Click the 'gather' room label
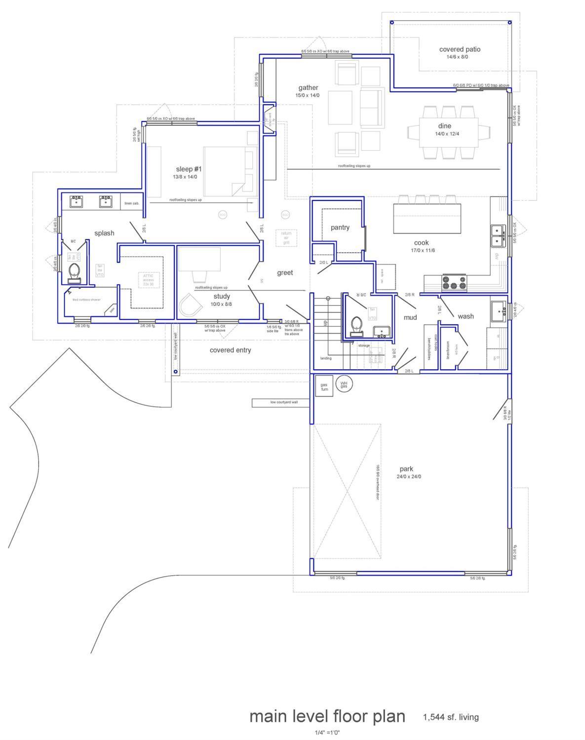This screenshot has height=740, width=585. (x=308, y=88)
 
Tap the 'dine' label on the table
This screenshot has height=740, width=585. (x=444, y=126)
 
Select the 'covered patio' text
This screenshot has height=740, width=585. (x=459, y=49)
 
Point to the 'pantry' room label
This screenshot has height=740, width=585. (x=340, y=228)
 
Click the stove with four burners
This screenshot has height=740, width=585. (x=454, y=283)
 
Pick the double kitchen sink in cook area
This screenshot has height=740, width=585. (x=498, y=235)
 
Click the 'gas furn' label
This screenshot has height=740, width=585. (x=324, y=387)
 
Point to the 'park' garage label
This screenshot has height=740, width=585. (x=406, y=469)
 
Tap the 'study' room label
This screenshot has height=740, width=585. (x=222, y=296)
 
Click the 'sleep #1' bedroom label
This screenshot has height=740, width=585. (x=189, y=169)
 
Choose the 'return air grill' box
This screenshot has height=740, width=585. (x=286, y=238)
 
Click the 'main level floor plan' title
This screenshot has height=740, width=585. (x=327, y=716)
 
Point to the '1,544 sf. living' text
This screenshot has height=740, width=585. (x=450, y=717)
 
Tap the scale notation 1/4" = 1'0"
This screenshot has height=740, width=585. (x=327, y=733)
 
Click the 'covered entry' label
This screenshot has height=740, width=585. (x=230, y=350)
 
